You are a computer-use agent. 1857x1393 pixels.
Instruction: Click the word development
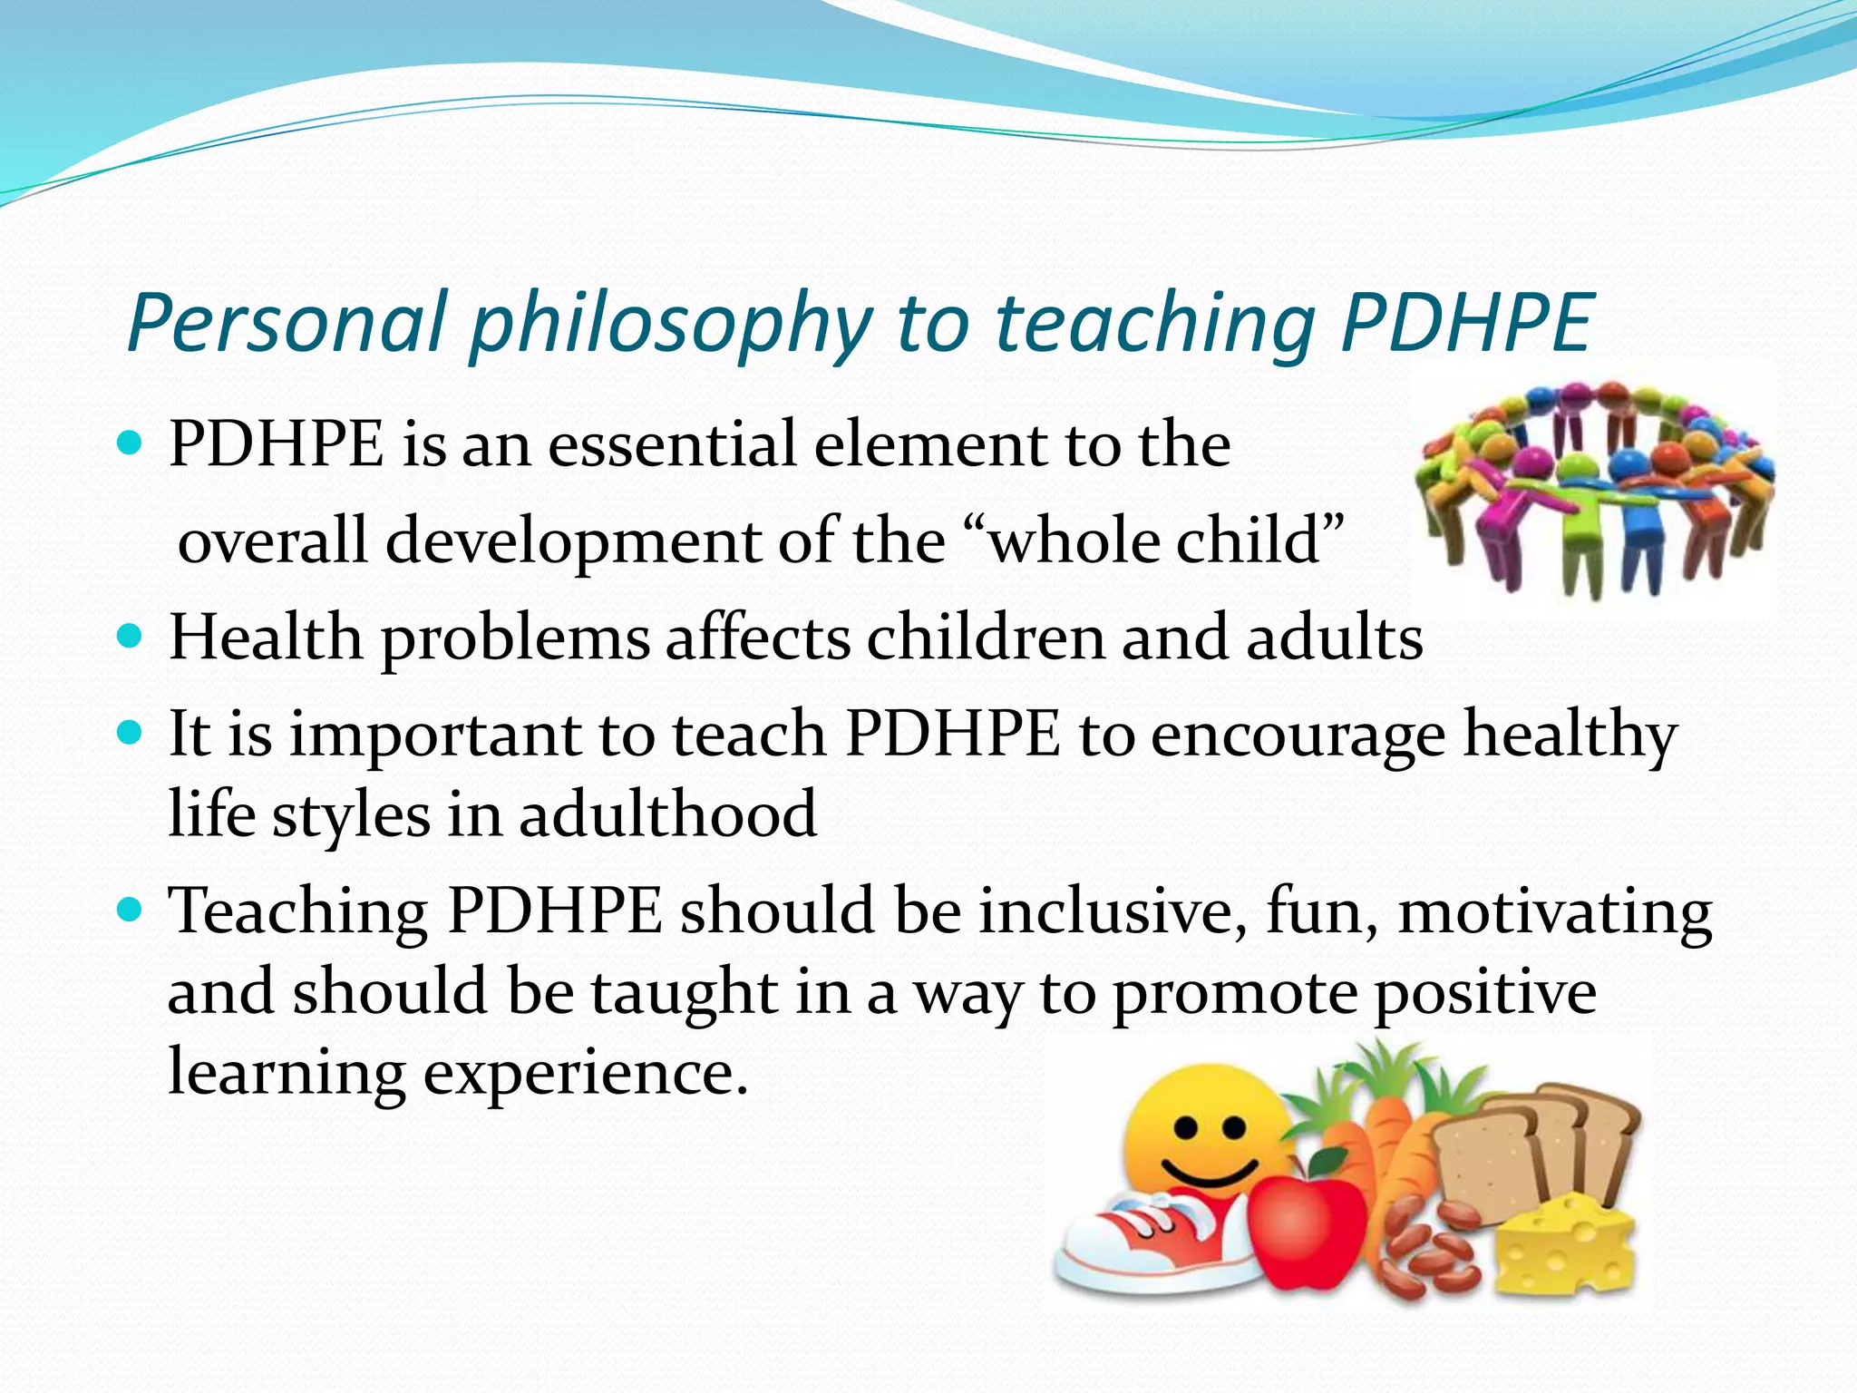click(x=572, y=541)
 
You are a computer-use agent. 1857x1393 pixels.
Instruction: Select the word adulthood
click(x=668, y=814)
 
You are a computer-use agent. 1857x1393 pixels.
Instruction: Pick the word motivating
click(x=1554, y=911)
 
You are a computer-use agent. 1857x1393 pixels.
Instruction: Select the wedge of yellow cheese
click(x=1564, y=1247)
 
